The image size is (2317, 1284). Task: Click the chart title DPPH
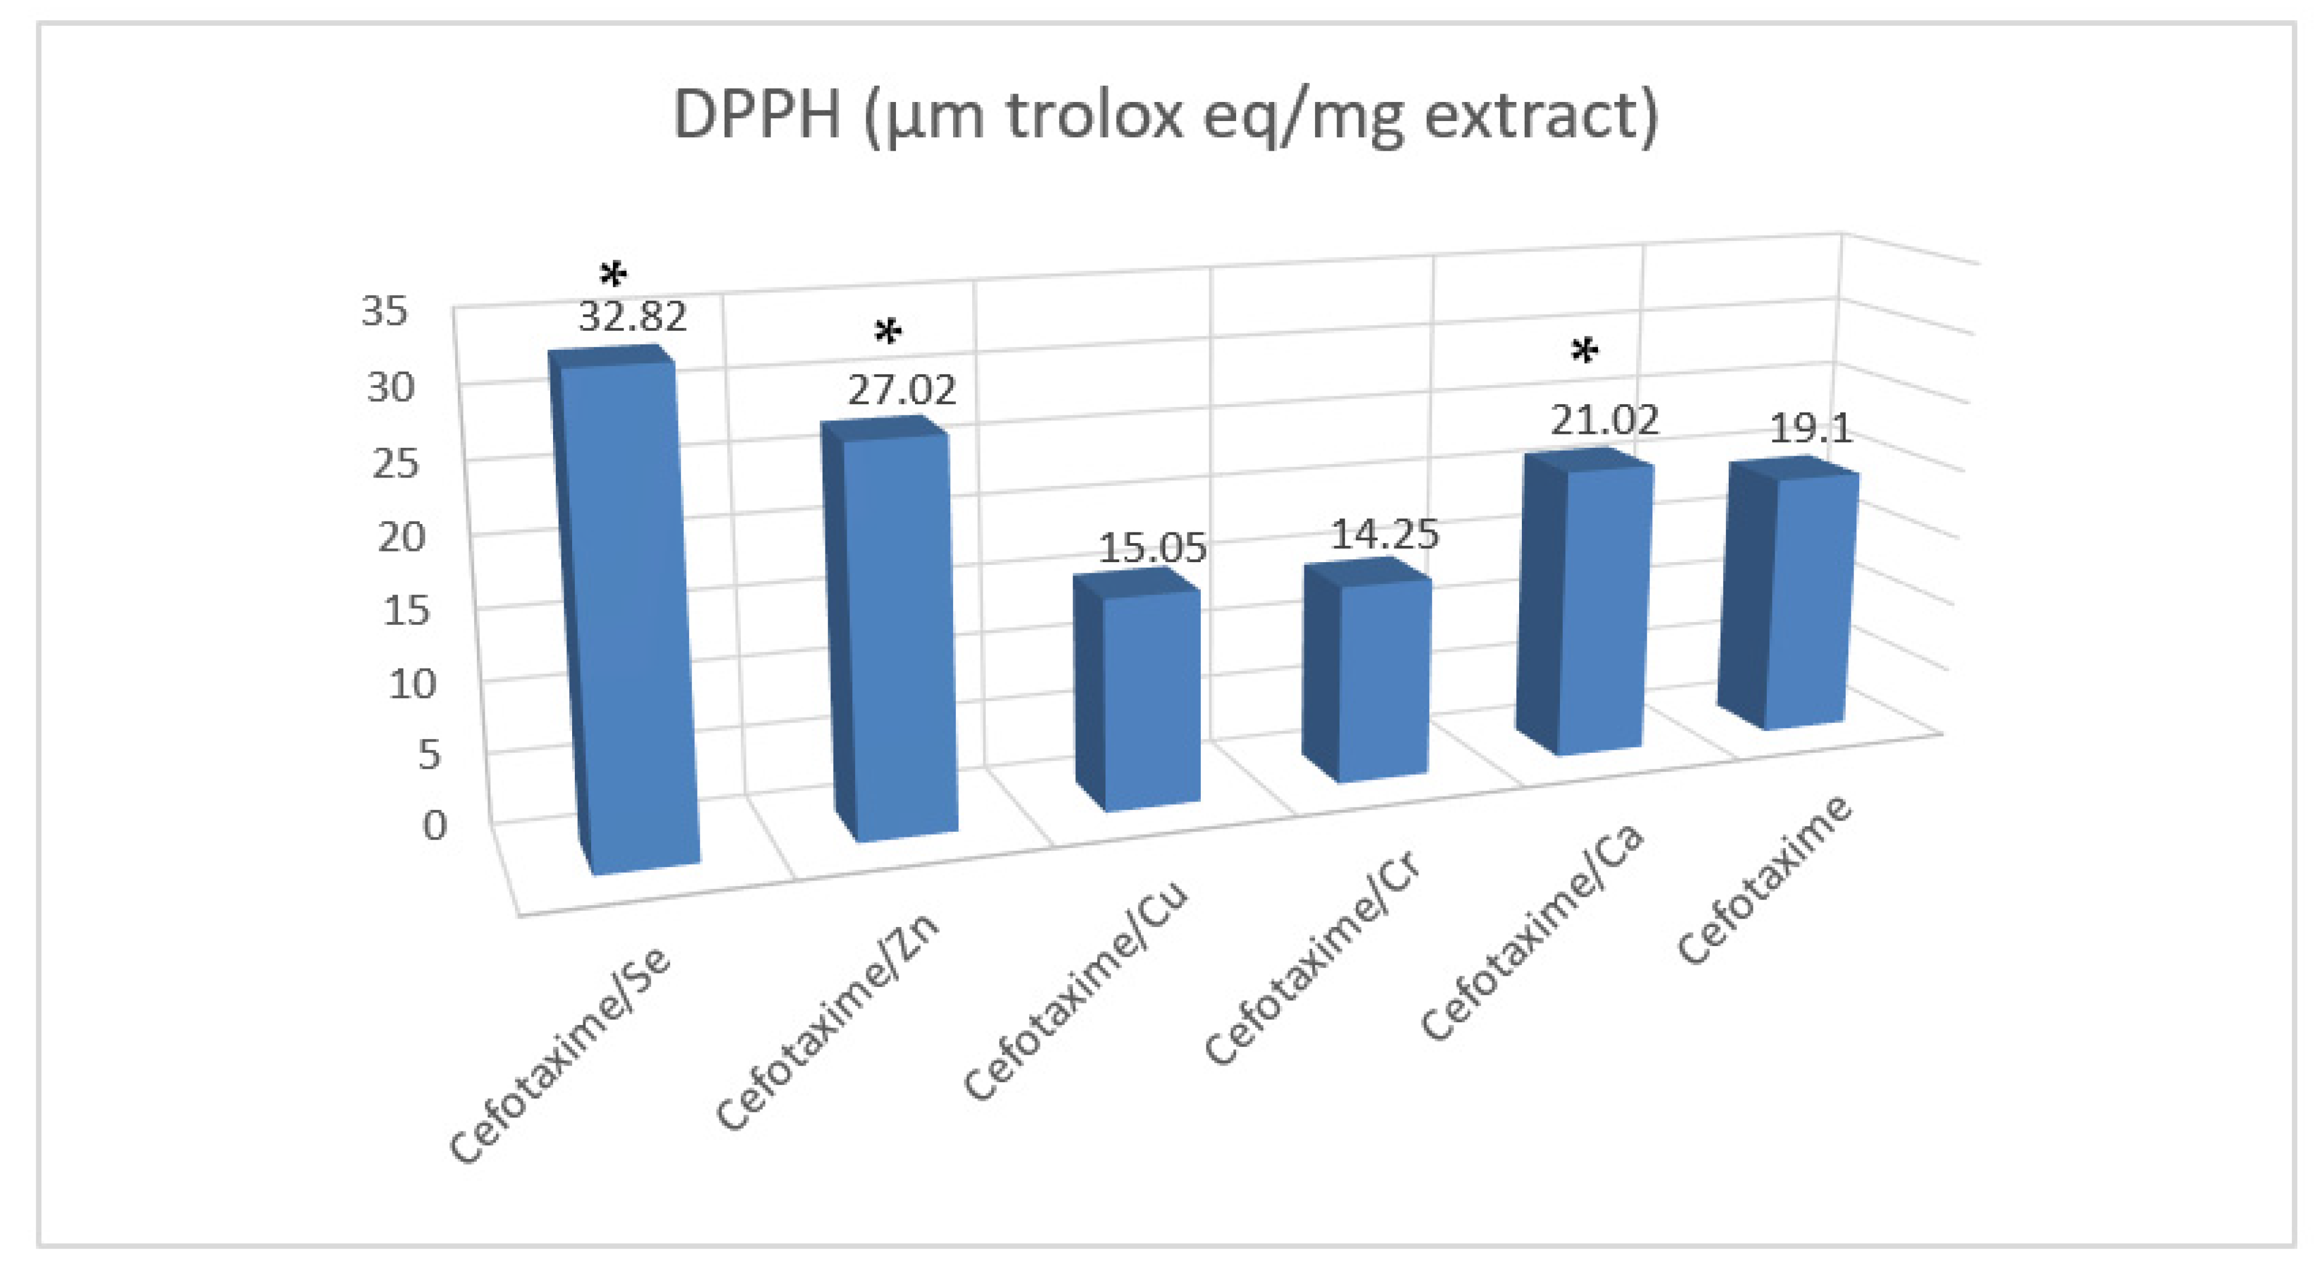click(x=1166, y=115)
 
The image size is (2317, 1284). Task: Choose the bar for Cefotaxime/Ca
click(x=1596, y=608)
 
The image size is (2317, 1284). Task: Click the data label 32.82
click(x=632, y=317)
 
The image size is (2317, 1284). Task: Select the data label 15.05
click(x=1152, y=548)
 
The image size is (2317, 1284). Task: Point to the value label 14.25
click(x=1384, y=535)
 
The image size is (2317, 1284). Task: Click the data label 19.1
click(x=1810, y=429)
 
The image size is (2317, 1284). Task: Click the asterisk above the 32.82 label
click(x=614, y=274)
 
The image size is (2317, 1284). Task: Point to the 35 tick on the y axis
click(x=385, y=311)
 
